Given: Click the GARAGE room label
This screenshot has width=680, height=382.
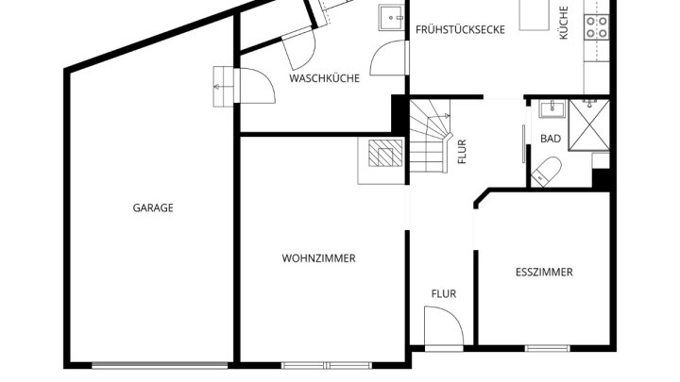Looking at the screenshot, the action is coord(153,208).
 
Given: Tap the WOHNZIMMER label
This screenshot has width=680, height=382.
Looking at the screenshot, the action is coord(319,258).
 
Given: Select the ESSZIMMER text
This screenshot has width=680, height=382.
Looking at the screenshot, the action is coord(544,272).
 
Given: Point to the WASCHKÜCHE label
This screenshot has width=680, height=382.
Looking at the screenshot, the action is coord(324,78).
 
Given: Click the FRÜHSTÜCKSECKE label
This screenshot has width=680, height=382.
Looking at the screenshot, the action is coord(460,29).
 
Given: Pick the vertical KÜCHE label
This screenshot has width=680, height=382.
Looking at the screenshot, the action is coord(563,23).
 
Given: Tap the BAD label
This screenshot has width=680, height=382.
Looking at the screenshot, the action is coord(551,139).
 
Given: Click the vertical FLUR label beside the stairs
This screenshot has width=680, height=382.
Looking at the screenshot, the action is coord(462,152).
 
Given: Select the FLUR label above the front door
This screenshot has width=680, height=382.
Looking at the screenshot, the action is coord(444,294).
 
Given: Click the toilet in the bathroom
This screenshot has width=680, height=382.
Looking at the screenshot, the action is coord(547,172).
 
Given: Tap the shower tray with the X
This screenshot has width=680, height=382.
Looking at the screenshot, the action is coord(589,125).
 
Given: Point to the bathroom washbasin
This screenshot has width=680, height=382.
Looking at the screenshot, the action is coord(552,108).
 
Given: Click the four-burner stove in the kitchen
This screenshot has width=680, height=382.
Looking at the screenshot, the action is coord(596,26).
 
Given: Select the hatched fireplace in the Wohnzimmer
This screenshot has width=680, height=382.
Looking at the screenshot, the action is coord(385,153).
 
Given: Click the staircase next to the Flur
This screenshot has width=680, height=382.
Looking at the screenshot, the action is coord(430,136).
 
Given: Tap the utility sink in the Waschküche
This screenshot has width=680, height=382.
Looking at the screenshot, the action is coord(392,18).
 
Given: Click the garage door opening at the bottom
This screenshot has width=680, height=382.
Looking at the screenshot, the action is coord(160,366).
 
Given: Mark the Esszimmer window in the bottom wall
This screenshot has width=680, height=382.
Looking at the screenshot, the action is coord(547,348).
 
